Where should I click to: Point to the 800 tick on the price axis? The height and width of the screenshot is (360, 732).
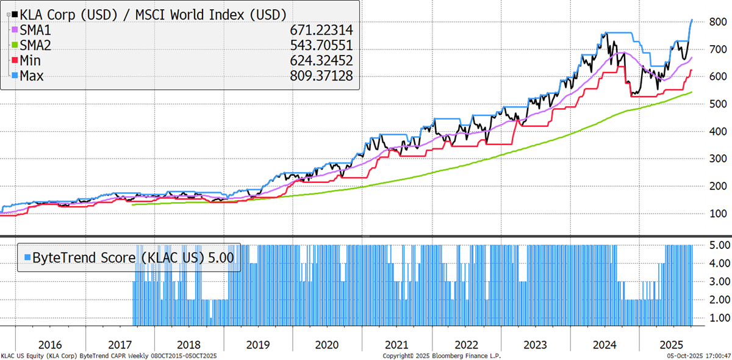[x=712, y=22]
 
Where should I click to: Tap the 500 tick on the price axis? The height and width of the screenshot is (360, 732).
[x=712, y=104]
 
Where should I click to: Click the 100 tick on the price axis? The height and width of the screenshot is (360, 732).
[x=712, y=214]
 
